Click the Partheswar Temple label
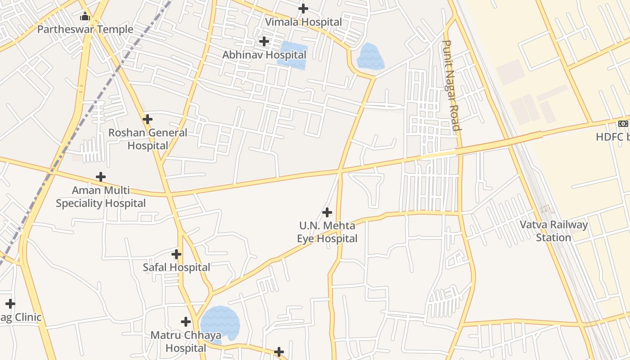[85, 30]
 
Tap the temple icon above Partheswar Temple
[85, 17]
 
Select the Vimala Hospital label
[303, 22]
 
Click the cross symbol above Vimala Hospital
[303, 8]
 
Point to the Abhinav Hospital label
[264, 55]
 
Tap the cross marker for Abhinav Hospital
[264, 41]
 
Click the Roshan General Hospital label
[148, 139]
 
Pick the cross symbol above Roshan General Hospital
[148, 119]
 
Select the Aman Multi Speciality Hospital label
[101, 197]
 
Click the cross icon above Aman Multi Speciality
[101, 176]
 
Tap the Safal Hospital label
[176, 267]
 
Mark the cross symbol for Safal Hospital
[176, 254]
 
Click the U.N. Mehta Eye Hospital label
[327, 232]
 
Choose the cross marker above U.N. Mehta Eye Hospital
[327, 212]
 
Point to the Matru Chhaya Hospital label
[186, 342]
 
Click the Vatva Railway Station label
[553, 231]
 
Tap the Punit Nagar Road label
[451, 85]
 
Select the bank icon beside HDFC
[623, 124]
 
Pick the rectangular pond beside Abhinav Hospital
[292, 55]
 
